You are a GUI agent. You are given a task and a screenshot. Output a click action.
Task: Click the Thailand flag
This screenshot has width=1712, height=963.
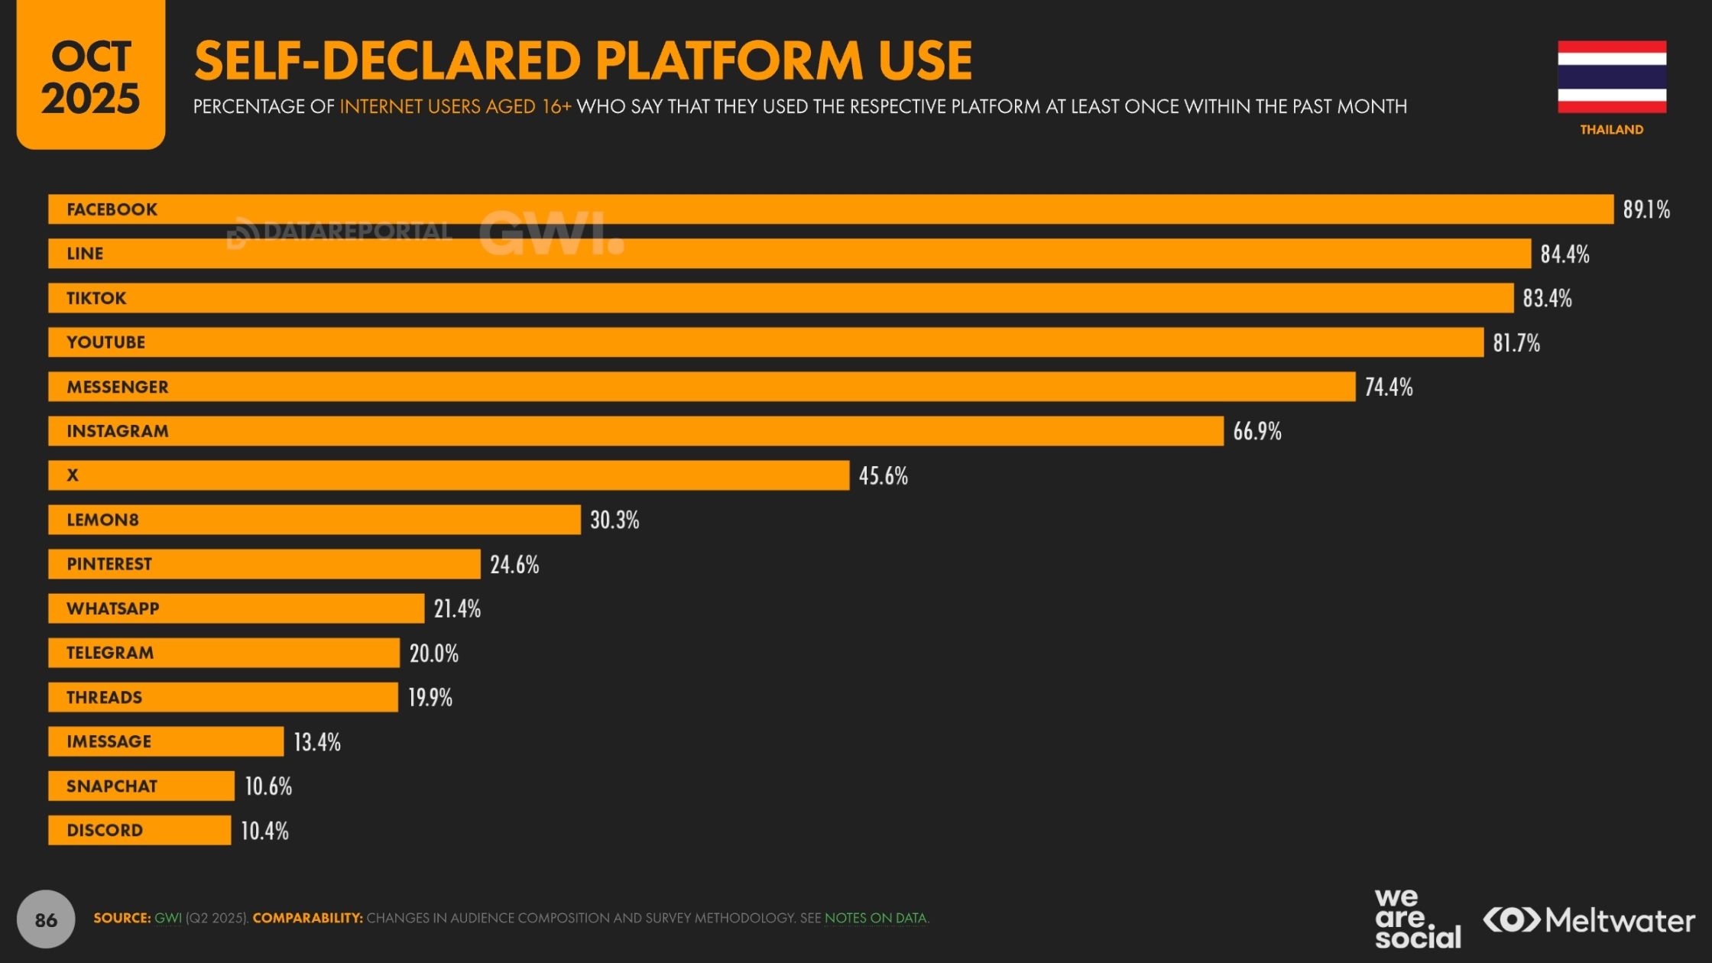coord(1612,76)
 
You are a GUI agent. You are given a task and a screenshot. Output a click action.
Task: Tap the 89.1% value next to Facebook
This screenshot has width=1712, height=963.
coord(1646,209)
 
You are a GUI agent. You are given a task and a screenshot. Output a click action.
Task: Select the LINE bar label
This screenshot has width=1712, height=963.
coord(85,254)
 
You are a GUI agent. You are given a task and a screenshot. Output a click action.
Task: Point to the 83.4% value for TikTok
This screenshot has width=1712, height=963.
coord(1547,298)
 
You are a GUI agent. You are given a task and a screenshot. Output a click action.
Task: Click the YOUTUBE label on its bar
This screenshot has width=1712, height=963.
coord(105,342)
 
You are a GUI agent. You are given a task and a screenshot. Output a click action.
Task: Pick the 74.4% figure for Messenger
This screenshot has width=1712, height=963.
coord(1389,387)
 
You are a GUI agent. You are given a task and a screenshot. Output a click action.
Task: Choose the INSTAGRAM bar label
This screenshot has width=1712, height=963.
coord(118,431)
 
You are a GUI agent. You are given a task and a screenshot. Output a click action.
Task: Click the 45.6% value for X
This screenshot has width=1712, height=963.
coord(884,475)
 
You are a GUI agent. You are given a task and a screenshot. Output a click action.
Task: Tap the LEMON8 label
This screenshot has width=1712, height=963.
coord(102,520)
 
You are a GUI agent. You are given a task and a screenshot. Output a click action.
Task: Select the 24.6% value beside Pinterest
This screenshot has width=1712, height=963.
coord(514,564)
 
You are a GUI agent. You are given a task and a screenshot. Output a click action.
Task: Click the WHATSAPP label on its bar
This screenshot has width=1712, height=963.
coord(113,608)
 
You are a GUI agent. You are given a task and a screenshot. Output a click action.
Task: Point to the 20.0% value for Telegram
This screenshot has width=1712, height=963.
coord(434,653)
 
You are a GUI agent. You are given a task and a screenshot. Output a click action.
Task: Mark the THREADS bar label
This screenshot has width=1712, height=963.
coord(104,697)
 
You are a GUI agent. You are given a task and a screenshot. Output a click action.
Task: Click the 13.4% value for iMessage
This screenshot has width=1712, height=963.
coord(317,741)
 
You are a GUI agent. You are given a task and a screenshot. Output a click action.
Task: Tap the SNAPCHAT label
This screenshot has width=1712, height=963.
coord(112,786)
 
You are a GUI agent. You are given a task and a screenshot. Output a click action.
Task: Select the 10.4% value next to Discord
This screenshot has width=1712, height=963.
coord(264,830)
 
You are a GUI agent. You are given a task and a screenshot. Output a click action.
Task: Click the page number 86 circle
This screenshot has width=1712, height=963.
coord(46,919)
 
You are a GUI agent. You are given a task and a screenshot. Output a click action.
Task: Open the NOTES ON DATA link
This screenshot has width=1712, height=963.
coord(876,918)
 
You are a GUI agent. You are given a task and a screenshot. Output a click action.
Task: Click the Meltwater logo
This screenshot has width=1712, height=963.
coord(1589,919)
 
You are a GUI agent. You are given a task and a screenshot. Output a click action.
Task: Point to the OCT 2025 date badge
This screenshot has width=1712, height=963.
coord(91,75)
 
